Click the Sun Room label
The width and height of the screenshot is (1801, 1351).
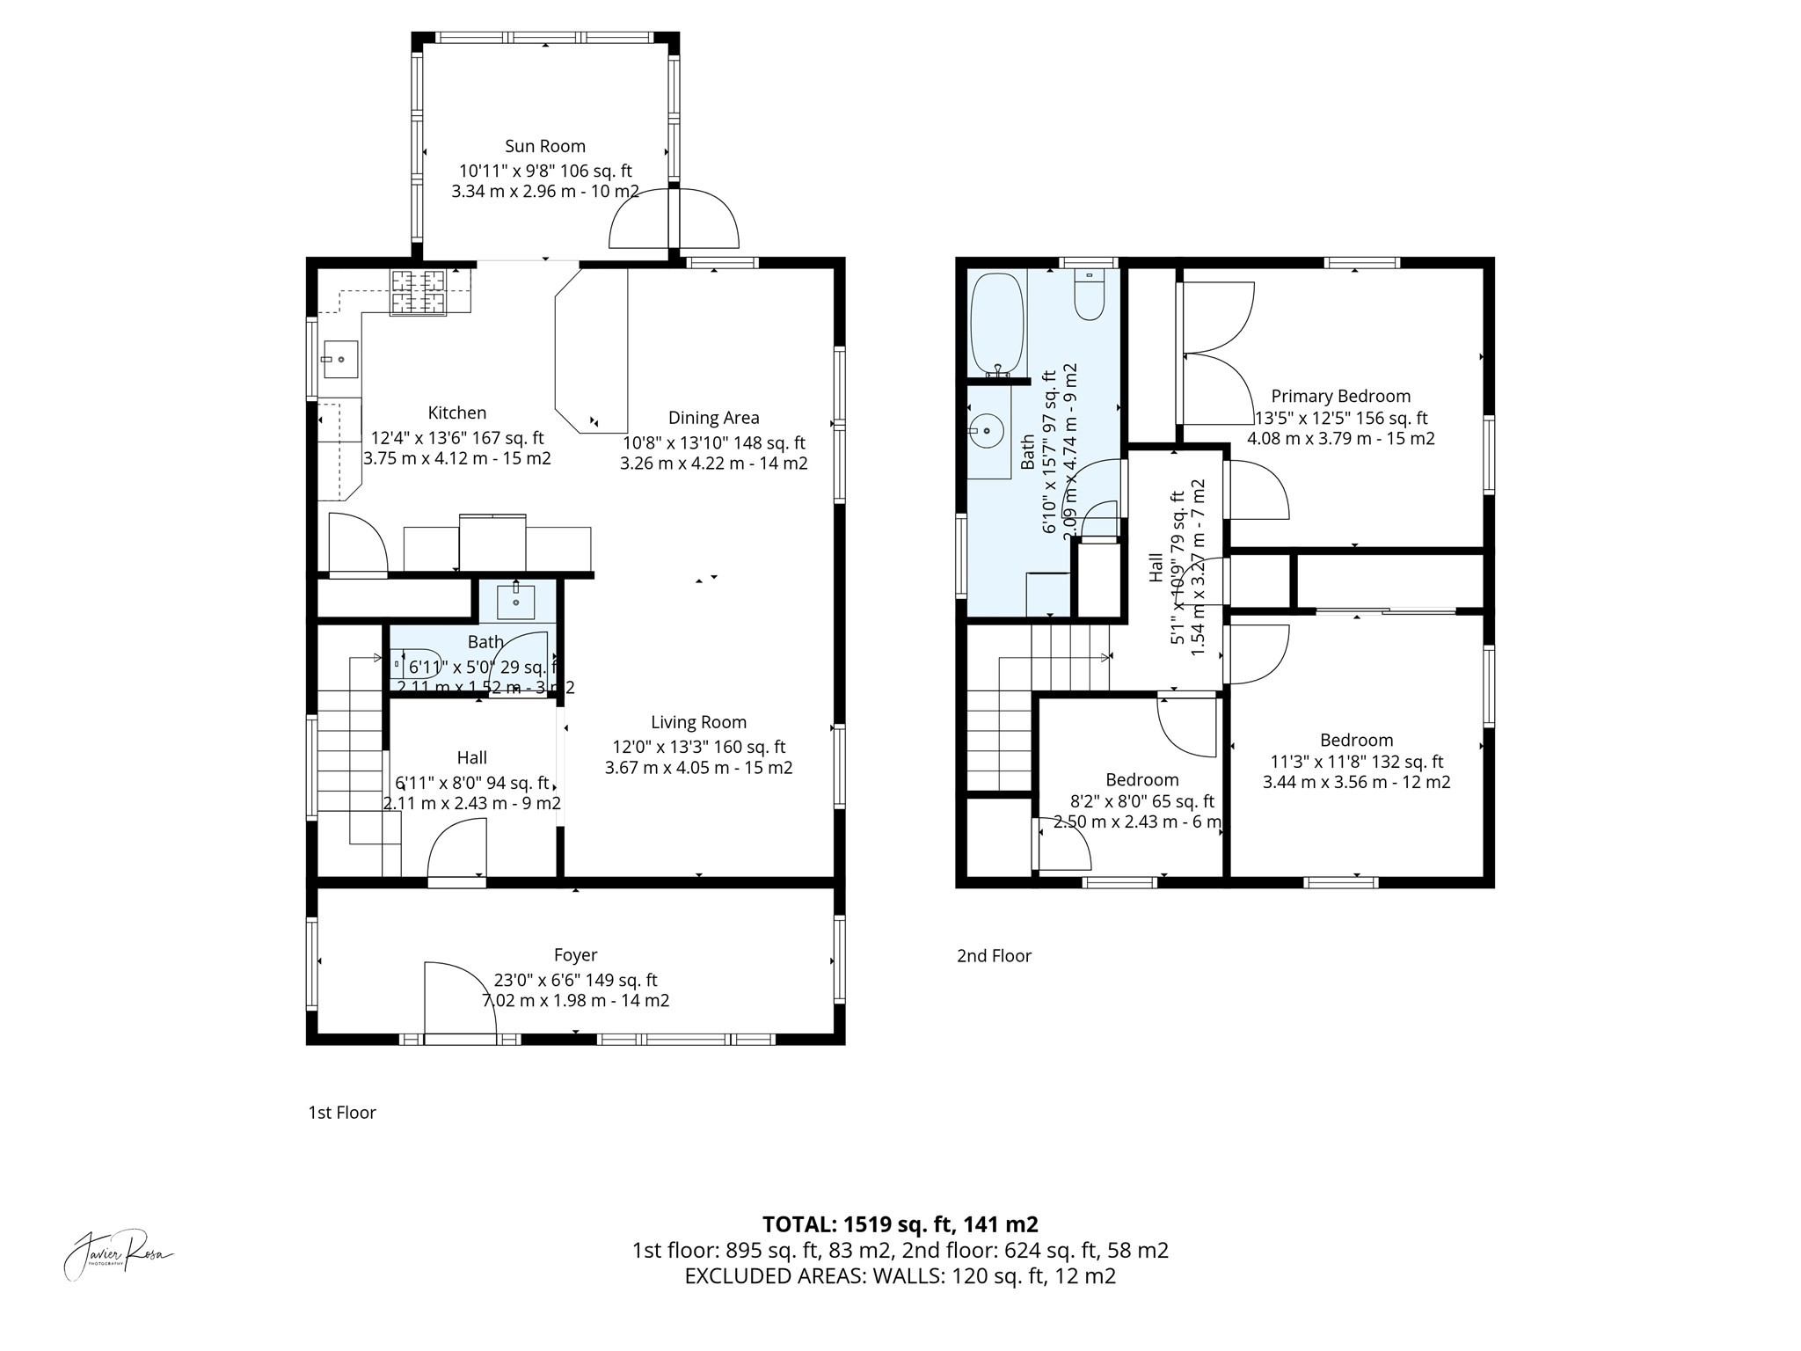544,146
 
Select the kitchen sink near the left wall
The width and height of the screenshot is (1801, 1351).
339,359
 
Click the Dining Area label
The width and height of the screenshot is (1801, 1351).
713,418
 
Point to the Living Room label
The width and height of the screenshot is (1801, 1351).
698,722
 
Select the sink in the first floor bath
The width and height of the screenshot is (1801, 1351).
515,601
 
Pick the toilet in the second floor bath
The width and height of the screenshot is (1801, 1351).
1090,296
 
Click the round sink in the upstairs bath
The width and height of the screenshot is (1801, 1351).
988,431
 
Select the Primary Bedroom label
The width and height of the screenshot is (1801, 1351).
1340,397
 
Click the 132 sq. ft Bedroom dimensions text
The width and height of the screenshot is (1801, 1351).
1356,762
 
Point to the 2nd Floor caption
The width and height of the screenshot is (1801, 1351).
994,955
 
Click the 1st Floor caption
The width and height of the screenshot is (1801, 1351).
342,1113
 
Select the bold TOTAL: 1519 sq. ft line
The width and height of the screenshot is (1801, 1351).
900,1223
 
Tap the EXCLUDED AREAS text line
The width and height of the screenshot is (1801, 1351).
900,1276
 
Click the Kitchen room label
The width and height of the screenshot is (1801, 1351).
456,413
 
